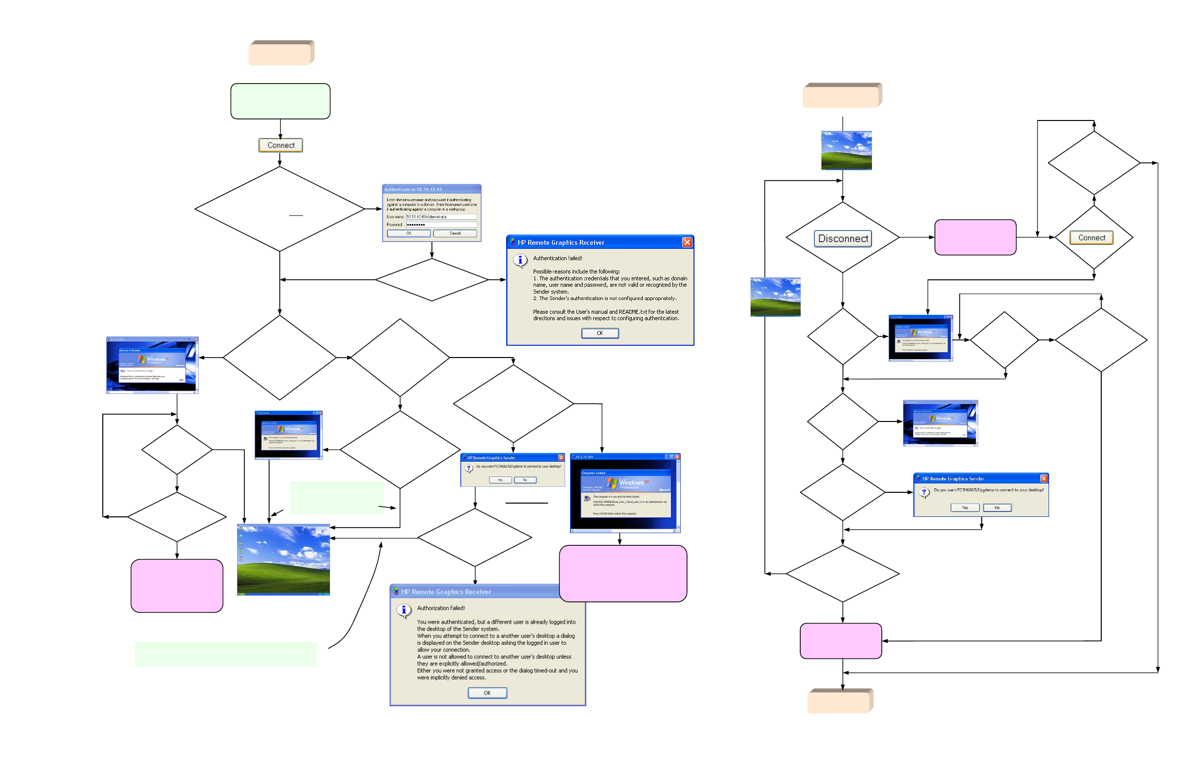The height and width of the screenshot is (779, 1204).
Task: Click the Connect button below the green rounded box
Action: (280, 145)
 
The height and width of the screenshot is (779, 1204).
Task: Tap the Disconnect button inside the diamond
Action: (843, 238)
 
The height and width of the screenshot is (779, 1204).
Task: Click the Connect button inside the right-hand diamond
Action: (1091, 238)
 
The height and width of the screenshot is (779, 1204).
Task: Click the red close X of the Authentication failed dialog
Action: (687, 242)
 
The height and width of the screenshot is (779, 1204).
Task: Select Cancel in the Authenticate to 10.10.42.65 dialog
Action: (455, 233)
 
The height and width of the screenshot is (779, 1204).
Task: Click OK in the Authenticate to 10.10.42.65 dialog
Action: (409, 233)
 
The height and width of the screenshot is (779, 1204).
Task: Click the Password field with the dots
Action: (441, 225)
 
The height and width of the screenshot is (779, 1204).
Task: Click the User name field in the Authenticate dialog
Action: (441, 216)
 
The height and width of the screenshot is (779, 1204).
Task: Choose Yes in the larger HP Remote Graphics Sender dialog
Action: (964, 508)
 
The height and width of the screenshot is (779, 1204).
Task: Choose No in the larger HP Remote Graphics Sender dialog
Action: (997, 508)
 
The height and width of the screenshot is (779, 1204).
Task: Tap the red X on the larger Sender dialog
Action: (1044, 479)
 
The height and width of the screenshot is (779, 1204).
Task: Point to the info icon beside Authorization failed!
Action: (404, 610)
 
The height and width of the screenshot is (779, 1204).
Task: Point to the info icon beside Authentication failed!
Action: (520, 260)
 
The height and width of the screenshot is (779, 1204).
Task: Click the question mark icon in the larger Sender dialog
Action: (924, 492)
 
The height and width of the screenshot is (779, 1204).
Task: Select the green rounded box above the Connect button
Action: (280, 101)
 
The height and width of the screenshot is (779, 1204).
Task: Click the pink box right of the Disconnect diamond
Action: (975, 237)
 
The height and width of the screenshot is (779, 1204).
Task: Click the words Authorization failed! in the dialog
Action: (441, 608)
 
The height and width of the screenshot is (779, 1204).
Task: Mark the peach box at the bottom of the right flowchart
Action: (839, 702)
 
